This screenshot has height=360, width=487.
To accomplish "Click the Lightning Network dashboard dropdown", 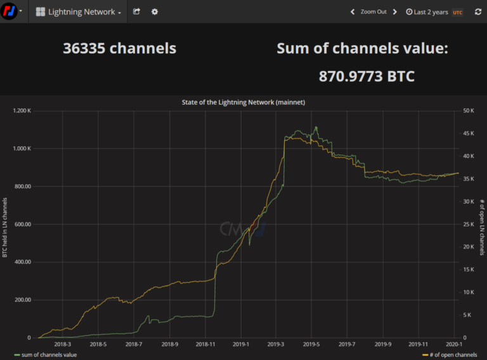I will (x=79, y=12).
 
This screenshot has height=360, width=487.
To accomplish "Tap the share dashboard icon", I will (x=136, y=12).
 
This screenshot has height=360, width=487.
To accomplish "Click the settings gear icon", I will (x=155, y=12).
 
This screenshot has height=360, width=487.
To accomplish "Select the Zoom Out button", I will (x=373, y=12).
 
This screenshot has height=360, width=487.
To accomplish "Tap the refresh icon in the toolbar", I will (x=477, y=12).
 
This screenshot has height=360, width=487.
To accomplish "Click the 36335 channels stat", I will (x=119, y=48).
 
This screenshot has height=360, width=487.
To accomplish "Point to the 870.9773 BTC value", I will (x=367, y=77).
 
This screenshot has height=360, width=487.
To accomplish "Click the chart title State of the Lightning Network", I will (x=243, y=102).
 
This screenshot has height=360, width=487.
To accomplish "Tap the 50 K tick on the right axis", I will (x=470, y=111).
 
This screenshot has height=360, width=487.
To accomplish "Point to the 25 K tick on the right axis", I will (x=470, y=224).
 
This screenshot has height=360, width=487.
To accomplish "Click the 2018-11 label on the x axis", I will (x=204, y=344).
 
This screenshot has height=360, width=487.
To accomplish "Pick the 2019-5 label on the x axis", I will (x=311, y=344).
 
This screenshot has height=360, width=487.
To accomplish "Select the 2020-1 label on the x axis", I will (x=453, y=344).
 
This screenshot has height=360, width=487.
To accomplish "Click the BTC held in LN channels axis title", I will (x=5, y=227).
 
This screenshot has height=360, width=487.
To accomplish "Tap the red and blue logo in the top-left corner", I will (x=9, y=12).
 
